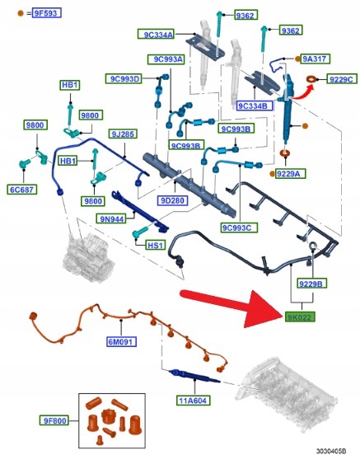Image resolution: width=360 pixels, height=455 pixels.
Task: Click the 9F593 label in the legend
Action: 47,13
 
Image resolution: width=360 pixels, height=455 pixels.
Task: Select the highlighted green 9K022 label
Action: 300,317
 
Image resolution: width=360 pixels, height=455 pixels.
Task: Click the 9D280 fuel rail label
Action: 173,200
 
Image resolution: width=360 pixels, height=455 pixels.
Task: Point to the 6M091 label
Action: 121,341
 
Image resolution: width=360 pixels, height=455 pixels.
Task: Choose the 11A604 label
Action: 194,401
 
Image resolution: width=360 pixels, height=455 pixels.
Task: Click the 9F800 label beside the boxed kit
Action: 54,420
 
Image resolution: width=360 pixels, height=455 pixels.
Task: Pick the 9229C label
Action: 342,79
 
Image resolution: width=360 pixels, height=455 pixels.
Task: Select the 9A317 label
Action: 315,59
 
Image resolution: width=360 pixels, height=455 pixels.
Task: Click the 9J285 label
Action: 123,134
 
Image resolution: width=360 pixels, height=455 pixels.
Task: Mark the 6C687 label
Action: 21,190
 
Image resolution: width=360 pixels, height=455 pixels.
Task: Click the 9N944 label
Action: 112,218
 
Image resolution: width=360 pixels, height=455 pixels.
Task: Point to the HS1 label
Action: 156,246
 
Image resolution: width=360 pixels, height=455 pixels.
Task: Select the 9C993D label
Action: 124,79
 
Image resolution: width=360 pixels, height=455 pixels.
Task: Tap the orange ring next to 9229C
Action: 312,79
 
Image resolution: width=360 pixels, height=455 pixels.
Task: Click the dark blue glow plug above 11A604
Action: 194,376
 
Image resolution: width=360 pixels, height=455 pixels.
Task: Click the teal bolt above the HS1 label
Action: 140,232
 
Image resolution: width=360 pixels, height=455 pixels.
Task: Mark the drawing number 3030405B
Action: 331,451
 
